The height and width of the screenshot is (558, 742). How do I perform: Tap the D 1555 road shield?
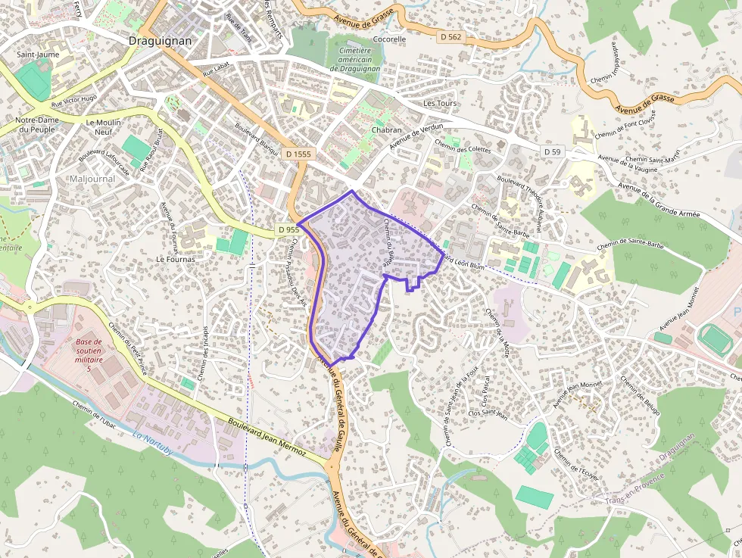298,154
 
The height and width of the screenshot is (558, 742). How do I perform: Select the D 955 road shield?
288,229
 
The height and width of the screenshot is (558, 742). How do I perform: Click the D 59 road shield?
552,152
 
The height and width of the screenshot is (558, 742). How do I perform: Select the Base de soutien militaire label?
89,355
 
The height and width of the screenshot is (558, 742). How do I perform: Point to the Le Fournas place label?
176,259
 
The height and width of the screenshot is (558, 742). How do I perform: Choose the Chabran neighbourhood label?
387,130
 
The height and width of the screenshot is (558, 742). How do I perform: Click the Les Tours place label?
441,103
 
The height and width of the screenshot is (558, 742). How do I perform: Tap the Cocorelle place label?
389,39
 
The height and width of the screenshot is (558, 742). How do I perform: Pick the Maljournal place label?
92,179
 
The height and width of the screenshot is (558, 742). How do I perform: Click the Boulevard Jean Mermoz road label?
266,437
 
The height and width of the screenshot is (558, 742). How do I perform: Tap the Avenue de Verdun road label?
416,136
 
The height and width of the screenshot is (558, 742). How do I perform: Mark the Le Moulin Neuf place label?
104,127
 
